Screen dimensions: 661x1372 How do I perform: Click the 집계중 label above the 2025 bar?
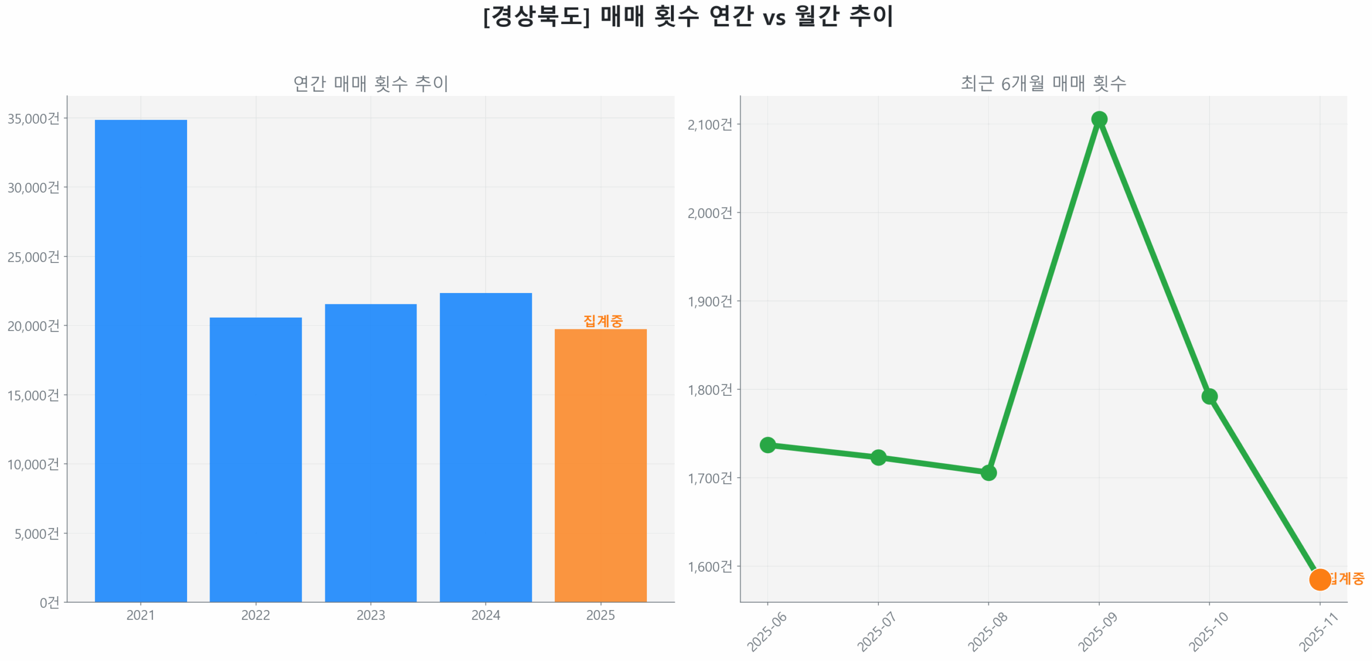602,320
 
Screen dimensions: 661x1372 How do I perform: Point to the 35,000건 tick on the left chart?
33,118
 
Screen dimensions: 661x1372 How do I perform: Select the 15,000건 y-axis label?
33,395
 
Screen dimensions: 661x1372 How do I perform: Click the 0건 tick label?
49,602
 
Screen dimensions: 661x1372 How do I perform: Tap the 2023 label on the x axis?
370,614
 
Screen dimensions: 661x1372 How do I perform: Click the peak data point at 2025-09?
1098,119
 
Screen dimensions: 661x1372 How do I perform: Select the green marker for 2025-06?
767,444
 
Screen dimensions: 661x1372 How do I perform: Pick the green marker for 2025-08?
988,472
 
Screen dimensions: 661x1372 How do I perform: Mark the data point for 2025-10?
1209,396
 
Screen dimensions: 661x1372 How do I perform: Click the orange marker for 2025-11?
1319,579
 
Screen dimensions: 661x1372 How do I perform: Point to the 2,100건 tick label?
709,124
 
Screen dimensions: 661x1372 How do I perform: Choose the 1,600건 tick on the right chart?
709,566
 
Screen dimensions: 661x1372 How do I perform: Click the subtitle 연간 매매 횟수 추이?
370,84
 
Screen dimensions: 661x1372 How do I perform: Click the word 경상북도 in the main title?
536,16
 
